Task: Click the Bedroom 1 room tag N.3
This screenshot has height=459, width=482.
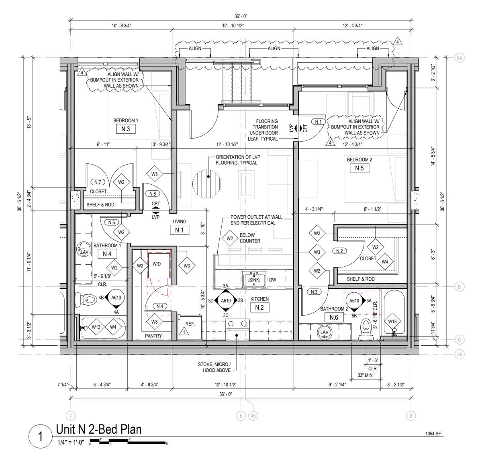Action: [126, 129]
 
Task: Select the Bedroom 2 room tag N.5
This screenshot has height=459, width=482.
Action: [359, 168]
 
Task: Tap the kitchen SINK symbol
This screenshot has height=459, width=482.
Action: [254, 279]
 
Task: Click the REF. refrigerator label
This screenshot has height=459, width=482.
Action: [190, 324]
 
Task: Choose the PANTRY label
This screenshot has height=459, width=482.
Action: [153, 336]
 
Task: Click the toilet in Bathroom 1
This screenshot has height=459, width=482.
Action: [86, 300]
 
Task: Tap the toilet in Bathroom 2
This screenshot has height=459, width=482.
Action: [366, 329]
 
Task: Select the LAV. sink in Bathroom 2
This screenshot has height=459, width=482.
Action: [325, 332]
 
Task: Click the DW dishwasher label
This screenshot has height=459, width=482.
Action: [272, 280]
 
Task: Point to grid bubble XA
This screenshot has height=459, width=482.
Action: [459, 58]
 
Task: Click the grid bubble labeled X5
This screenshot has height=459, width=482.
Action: [253, 416]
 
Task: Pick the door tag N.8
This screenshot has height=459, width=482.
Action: [153, 194]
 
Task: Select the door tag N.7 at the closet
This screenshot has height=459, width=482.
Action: [98, 182]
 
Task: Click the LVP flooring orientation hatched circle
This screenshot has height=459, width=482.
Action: [206, 184]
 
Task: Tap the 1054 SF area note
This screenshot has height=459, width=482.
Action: [433, 434]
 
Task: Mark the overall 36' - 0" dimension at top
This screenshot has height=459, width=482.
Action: [241, 16]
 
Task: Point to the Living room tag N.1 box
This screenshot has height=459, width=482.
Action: [180, 230]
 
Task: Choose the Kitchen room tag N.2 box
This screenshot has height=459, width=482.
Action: [259, 308]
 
